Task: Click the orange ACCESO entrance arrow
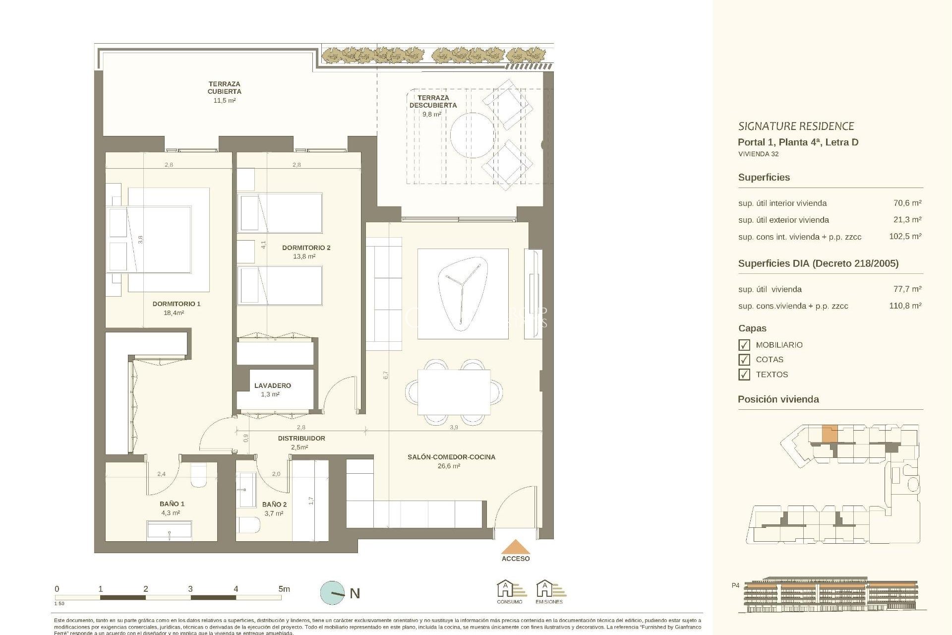516,547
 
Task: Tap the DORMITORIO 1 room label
176,304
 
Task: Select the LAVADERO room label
272,385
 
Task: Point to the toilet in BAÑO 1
199,474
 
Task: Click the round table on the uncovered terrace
473,135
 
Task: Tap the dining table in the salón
454,392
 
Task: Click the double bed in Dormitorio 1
159,240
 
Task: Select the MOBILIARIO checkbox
744,345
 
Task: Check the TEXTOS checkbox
744,375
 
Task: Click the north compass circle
332,593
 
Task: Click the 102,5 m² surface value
905,237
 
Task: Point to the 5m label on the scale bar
284,589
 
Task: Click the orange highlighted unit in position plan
830,434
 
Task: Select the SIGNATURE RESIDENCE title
796,127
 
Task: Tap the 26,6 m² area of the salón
449,466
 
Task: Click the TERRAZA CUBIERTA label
224,88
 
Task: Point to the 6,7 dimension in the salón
386,376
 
